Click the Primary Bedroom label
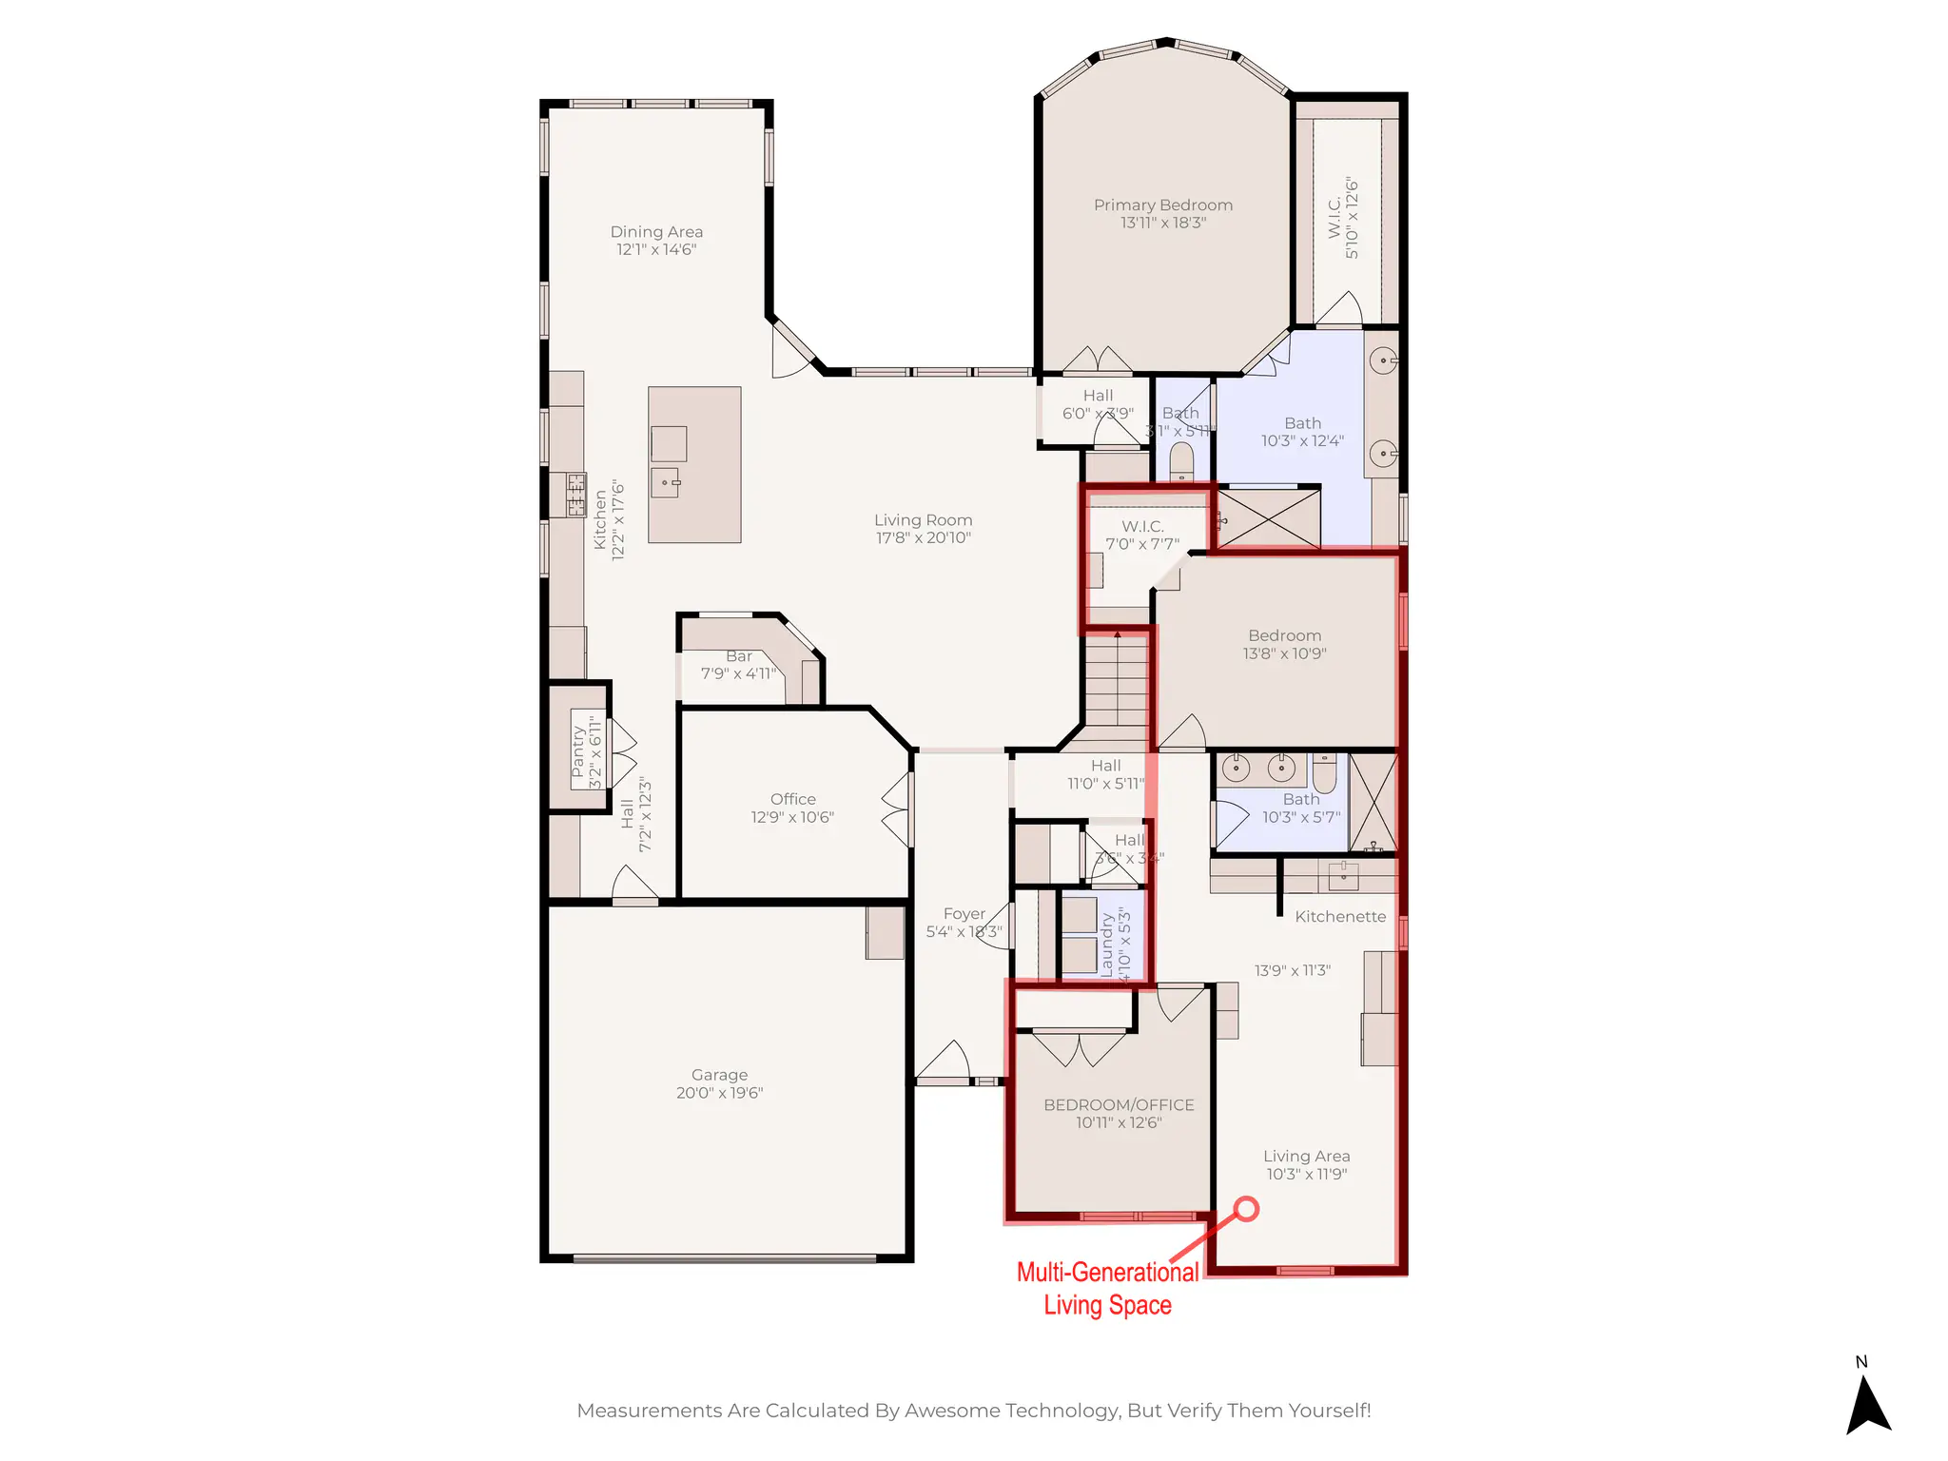[x=1162, y=205]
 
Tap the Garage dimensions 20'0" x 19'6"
[x=719, y=1093]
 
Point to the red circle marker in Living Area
[x=1246, y=1209]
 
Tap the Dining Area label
[x=656, y=232]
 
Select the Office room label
[x=792, y=799]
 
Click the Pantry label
[x=577, y=751]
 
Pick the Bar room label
[x=738, y=656]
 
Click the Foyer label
[x=964, y=913]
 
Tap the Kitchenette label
[x=1339, y=917]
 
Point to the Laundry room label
[x=1106, y=945]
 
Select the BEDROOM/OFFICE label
[x=1119, y=1105]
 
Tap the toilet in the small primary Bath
[x=1180, y=462]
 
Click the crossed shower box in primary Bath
[x=1269, y=519]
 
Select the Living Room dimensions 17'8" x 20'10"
[x=923, y=538]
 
